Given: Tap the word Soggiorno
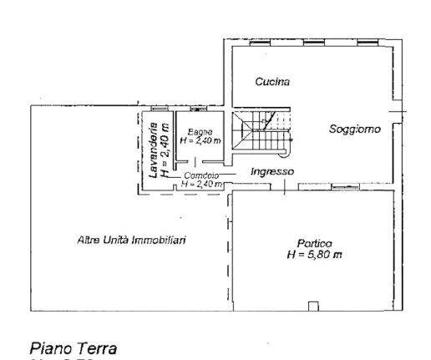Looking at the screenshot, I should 354,129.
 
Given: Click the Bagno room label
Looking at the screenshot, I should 200,132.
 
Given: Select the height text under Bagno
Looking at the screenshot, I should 200,141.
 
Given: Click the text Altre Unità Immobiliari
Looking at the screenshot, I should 131,241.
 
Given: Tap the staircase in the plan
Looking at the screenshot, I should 261,133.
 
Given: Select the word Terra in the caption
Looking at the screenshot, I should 97,347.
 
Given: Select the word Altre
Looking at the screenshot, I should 89,241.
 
